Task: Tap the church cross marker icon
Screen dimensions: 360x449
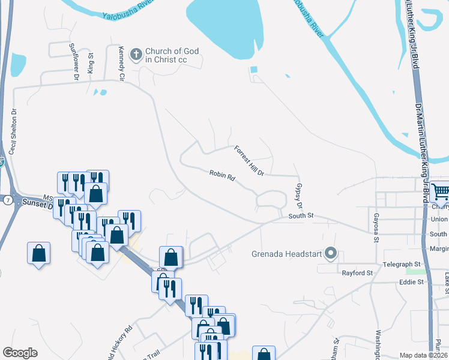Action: point(136,55)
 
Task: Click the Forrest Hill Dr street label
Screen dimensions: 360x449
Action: point(249,161)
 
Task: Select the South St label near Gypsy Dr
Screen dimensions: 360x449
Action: point(301,216)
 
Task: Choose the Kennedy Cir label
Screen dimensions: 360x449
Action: point(121,64)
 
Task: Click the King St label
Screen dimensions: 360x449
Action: point(91,63)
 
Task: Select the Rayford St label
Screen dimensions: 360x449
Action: point(357,273)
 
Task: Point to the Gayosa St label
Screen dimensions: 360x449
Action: point(376,227)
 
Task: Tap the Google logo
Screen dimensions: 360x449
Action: point(20,353)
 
